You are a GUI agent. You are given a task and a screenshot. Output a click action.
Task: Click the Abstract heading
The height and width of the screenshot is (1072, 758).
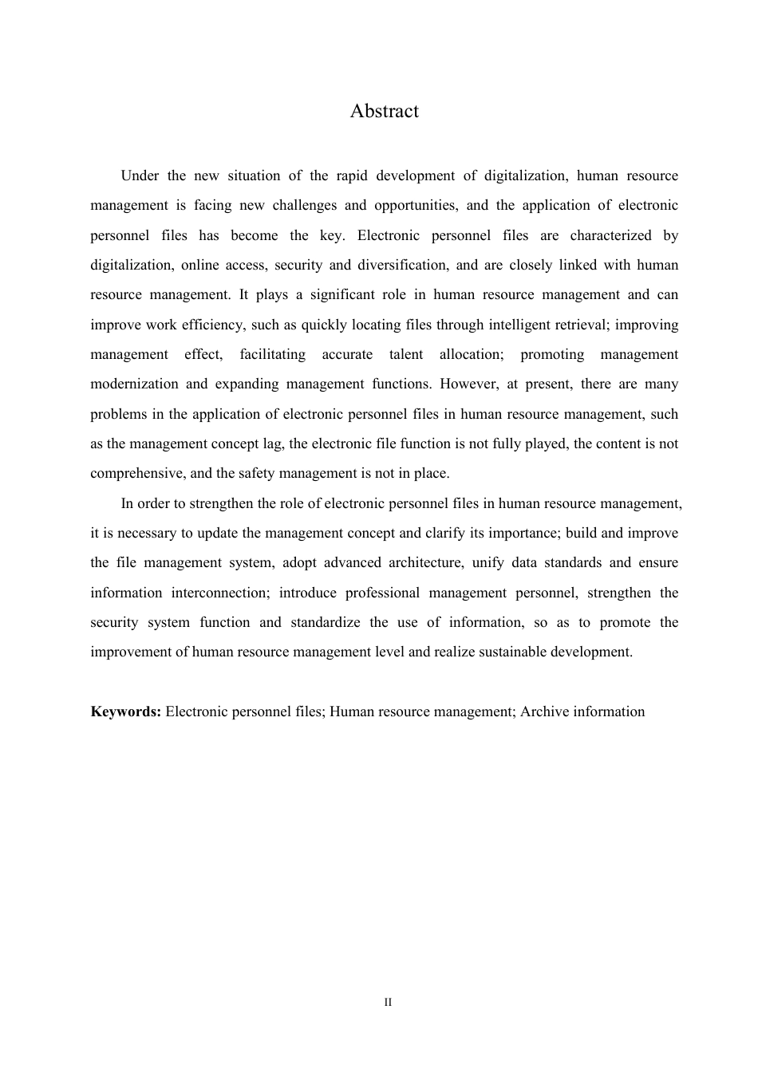(x=384, y=111)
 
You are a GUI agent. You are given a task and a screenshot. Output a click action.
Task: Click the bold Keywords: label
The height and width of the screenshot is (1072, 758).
(x=126, y=711)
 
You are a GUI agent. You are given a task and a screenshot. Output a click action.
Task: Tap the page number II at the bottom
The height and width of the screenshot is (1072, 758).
(x=388, y=1002)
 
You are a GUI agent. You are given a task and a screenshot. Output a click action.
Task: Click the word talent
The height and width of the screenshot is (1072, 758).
(x=405, y=354)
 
